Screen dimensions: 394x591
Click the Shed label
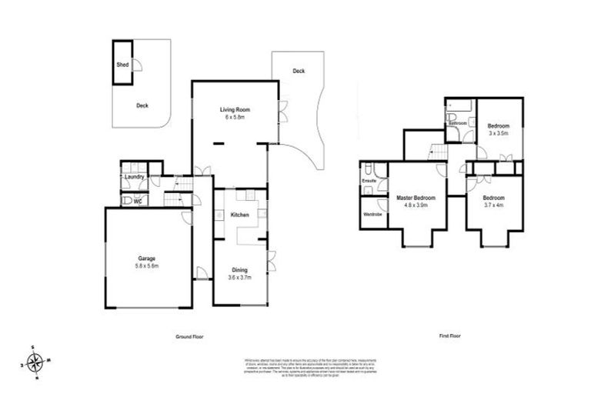point(122,65)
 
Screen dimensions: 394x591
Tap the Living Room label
point(233,109)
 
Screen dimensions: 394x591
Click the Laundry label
point(134,177)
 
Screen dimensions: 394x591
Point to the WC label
point(138,202)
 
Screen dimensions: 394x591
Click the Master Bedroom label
point(416,198)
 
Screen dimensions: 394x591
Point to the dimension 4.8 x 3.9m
point(416,205)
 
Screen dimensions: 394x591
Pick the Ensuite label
point(370,181)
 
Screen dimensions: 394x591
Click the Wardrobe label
point(372,213)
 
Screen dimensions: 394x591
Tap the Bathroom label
point(459,123)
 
